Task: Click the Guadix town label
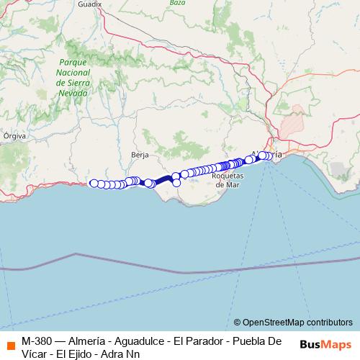click(90, 4)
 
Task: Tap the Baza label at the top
click(177, 3)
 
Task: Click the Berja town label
click(140, 154)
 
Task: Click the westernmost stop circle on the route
click(94, 183)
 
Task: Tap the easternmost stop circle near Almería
click(270, 156)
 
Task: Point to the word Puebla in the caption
click(255, 341)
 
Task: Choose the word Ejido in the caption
click(90, 354)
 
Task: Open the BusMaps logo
click(325, 344)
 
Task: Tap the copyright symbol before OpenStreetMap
click(238, 323)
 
